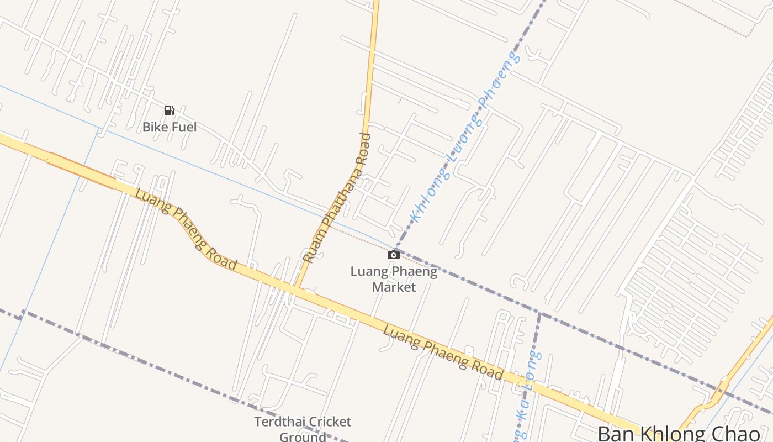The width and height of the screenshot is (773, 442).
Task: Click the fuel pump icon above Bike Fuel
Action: [x=170, y=110]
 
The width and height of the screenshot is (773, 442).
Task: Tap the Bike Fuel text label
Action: [x=170, y=127]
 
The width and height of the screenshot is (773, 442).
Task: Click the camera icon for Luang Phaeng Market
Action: [x=393, y=255]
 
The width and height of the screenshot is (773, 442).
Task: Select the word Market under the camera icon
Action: [x=394, y=287]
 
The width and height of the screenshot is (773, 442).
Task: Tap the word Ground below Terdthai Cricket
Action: [x=303, y=437]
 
